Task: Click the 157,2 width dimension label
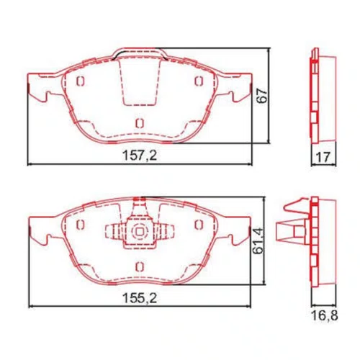coord(140,156)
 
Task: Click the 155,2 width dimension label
coord(140,298)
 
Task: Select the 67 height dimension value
coord(261,96)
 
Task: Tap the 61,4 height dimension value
coord(258,240)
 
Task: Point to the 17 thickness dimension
coord(323,157)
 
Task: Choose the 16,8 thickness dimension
coord(325,315)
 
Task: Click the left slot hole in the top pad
coord(81,81)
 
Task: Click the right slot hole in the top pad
coord(199,81)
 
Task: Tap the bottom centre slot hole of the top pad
coord(140,123)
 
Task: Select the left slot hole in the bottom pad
coord(81,225)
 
